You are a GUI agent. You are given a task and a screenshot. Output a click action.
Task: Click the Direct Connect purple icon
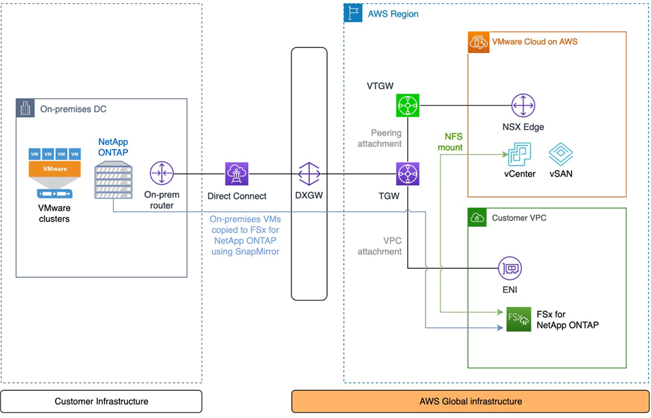coord(237,174)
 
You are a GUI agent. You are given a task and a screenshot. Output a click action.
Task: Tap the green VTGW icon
coord(408,105)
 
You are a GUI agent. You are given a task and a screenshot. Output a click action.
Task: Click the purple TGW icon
coord(408,174)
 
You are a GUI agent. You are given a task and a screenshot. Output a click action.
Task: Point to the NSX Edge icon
coord(523,105)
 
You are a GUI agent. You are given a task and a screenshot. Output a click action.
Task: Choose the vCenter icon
coord(519,154)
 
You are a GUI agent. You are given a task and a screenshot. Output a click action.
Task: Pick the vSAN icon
coord(560,154)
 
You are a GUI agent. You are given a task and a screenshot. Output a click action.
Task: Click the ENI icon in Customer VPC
coord(510,269)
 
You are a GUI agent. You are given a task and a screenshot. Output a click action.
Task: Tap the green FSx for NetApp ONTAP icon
coord(518,319)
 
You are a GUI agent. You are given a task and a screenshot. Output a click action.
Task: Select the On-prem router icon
coord(162,174)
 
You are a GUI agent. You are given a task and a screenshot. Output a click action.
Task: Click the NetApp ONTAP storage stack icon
coord(114,180)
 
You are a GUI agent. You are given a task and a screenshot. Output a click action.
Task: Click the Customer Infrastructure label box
coord(101,401)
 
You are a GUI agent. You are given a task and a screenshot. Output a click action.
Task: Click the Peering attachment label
coord(386,138)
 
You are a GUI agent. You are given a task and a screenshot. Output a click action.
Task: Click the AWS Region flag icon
coord(353,13)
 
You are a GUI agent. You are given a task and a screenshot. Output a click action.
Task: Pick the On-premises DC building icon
coord(25,109)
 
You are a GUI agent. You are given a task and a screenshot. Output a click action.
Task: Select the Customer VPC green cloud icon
coord(477,218)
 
